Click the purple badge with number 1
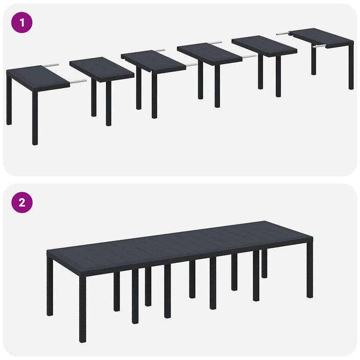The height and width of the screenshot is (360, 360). click(x=22, y=23)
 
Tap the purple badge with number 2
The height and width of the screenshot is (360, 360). click(x=22, y=202)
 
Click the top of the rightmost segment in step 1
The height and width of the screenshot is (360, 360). click(x=321, y=36)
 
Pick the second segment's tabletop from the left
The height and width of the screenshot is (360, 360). click(x=101, y=69)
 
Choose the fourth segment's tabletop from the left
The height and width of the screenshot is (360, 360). click(x=209, y=53)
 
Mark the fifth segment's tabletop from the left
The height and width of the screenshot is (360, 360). click(x=264, y=46)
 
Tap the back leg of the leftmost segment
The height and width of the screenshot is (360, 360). click(x=9, y=100)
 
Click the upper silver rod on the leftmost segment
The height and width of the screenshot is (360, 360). click(x=50, y=65)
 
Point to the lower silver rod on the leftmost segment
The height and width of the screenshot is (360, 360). click(x=78, y=81)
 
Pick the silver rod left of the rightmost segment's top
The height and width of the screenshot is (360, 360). click(x=283, y=33)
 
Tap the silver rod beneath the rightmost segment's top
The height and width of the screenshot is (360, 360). click(x=319, y=46)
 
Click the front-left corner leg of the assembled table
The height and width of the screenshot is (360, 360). click(x=82, y=309)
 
